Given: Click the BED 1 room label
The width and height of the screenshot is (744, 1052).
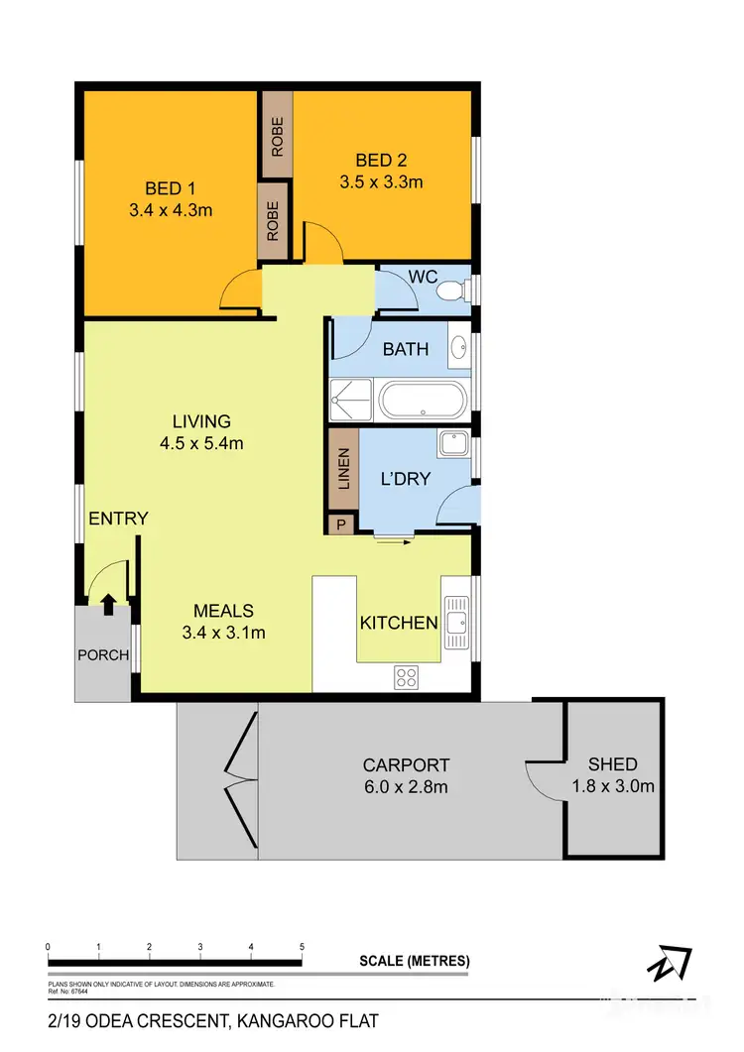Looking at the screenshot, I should [164, 189].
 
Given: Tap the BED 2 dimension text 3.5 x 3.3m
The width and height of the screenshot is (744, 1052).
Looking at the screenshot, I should [381, 181].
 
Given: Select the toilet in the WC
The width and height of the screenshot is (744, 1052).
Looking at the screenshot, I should [450, 291].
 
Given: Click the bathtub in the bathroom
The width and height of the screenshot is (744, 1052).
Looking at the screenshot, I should [422, 403].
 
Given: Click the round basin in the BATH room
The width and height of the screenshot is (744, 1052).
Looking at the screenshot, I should [458, 348].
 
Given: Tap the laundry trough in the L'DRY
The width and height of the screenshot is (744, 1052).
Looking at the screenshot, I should [454, 444].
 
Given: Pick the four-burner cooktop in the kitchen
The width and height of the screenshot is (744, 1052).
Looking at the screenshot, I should [406, 678].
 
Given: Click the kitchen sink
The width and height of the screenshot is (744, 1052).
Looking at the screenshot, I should [455, 621].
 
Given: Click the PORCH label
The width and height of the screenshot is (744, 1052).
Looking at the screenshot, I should [103, 654].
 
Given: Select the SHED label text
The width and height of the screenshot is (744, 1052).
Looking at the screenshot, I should [612, 764].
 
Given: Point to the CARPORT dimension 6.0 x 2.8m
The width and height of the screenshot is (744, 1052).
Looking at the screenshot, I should [405, 787].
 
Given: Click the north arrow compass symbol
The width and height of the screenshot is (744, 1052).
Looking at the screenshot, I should [672, 964].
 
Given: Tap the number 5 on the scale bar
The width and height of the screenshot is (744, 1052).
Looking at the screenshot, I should [302, 948].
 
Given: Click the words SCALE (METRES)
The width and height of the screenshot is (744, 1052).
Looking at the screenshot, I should [415, 961].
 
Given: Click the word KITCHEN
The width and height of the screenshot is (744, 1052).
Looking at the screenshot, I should [398, 624].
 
